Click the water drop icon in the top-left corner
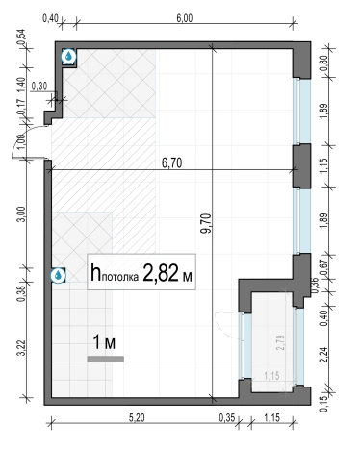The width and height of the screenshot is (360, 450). [68, 57]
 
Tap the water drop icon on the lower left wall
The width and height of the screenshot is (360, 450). [59, 275]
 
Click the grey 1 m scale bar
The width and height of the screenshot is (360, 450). [106, 360]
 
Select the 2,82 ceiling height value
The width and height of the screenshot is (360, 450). [161, 273]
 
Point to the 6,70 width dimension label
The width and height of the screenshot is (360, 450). [171, 163]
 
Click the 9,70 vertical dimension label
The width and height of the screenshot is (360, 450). [207, 223]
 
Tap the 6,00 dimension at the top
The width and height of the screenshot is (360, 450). [185, 18]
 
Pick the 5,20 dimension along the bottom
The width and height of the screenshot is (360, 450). [137, 417]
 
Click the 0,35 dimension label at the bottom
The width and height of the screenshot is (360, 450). [227, 417]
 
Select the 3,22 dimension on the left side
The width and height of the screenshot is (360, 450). [22, 348]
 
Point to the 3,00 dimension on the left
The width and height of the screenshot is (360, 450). [22, 215]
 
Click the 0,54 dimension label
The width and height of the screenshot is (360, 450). [22, 37]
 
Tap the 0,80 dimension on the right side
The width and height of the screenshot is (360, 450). [323, 63]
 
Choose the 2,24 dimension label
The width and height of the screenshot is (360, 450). [323, 355]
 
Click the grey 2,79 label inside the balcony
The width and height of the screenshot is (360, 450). [281, 342]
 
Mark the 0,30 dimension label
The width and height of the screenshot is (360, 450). [39, 86]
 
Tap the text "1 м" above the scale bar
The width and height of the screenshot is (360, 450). [104, 342]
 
